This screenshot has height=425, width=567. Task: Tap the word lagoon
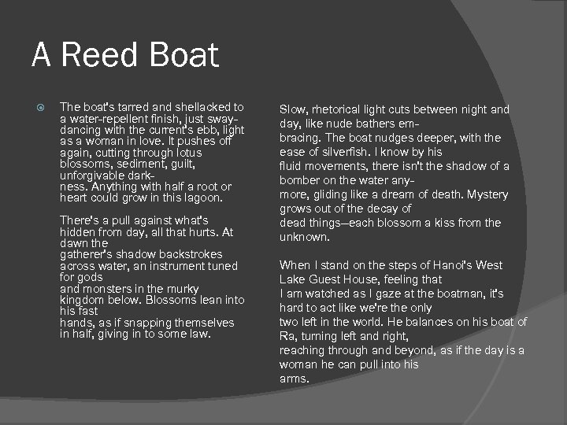tap(203, 198)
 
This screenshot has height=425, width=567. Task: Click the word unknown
tap(304, 238)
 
